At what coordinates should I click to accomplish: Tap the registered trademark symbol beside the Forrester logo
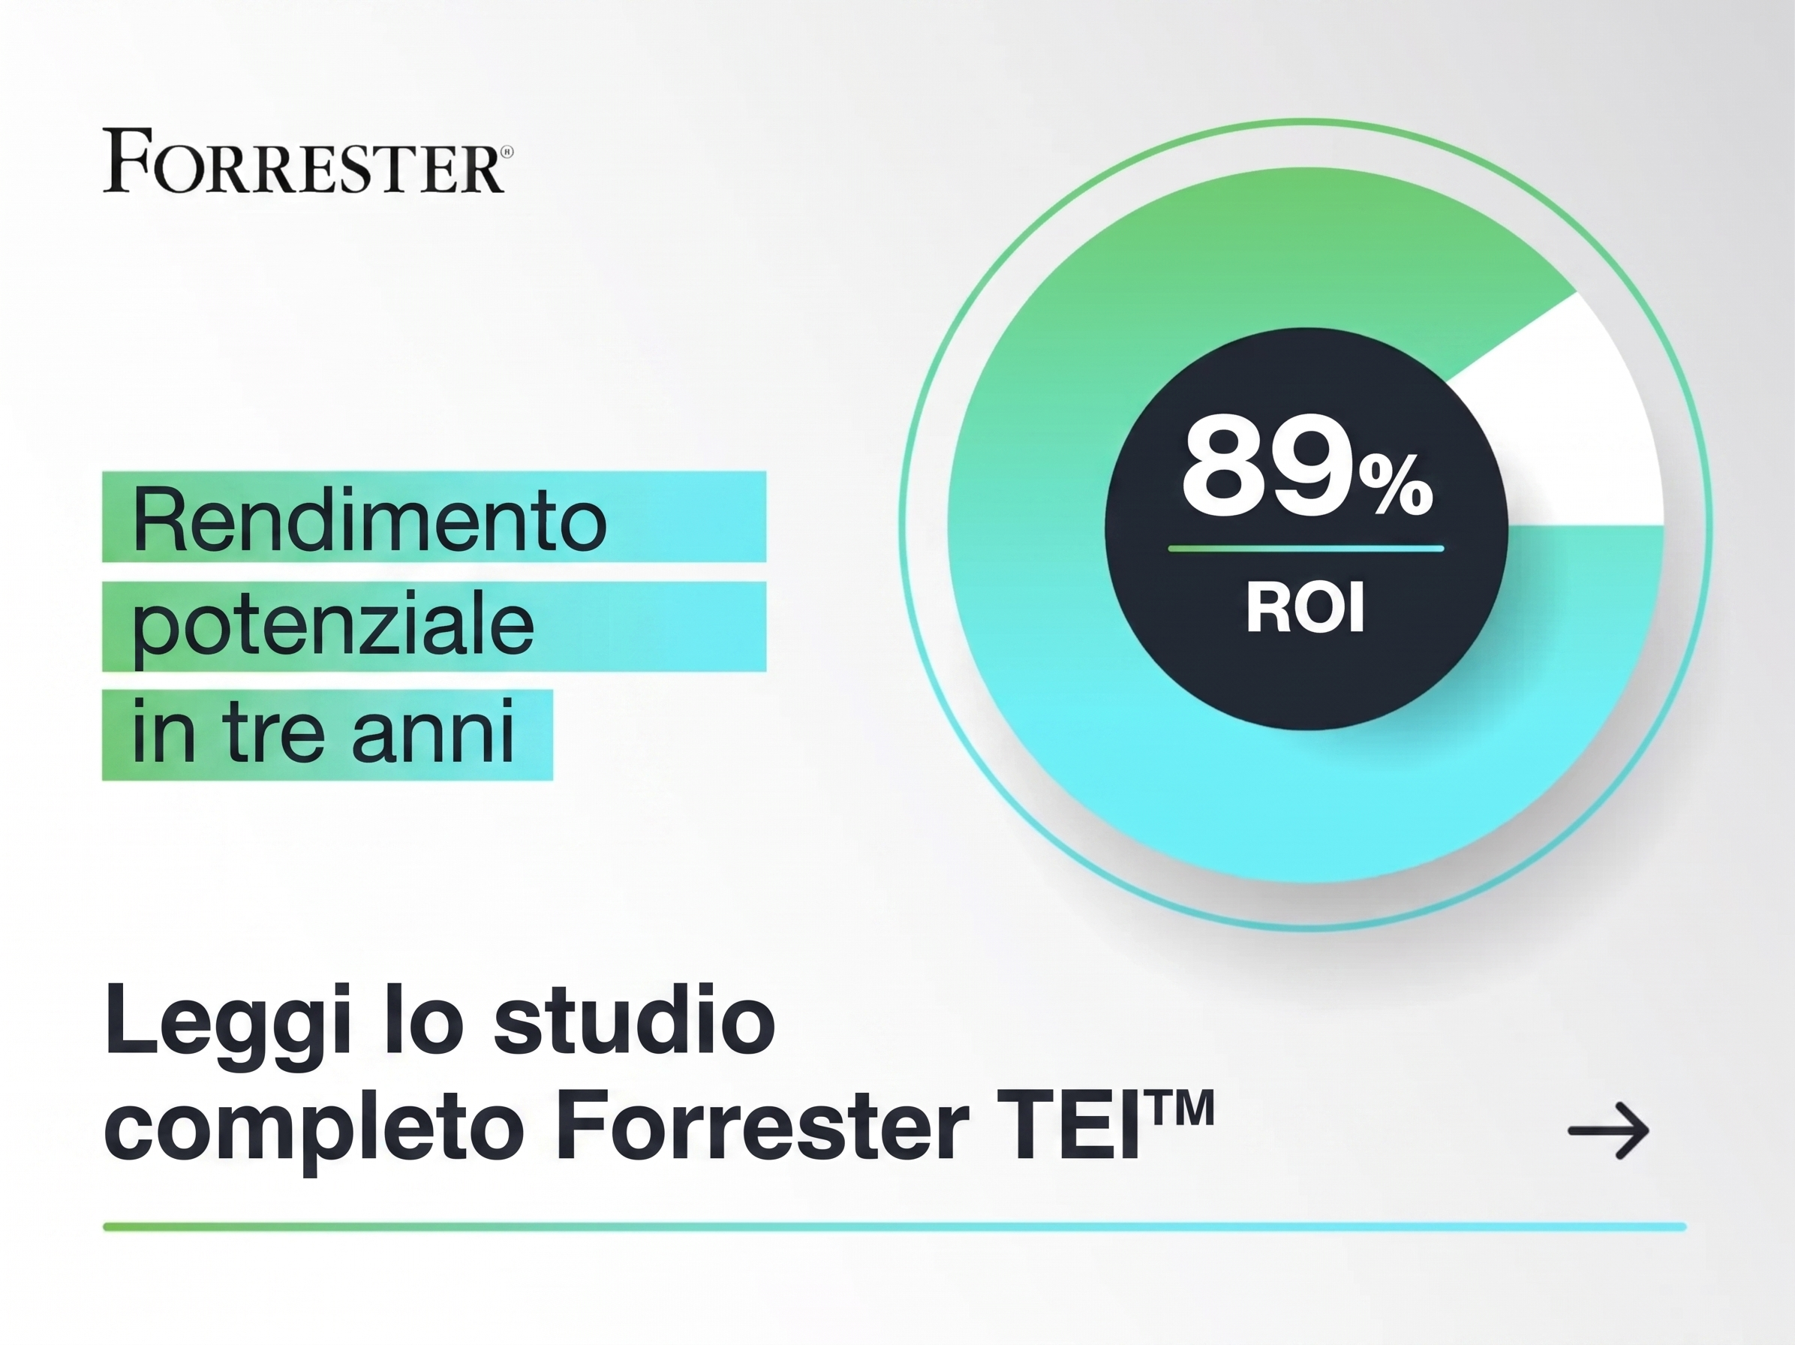tap(507, 152)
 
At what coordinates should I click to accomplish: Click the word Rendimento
tap(369, 519)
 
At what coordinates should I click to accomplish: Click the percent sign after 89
tap(1396, 486)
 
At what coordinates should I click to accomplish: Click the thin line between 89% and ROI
tap(1306, 549)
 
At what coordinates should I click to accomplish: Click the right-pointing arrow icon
tap(1607, 1130)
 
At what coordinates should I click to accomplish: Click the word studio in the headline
tap(634, 1019)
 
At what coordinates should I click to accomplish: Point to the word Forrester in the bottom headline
tap(762, 1128)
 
